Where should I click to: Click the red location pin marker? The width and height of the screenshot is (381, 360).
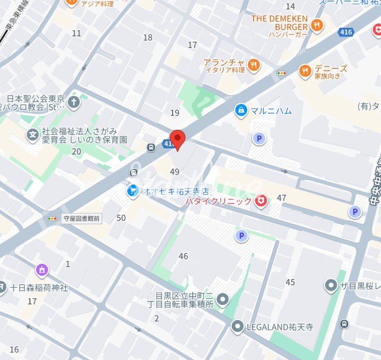click(178, 139)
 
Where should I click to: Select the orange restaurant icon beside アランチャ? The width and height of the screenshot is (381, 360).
click(254, 65)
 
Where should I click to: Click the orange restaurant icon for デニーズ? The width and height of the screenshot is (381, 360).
click(305, 71)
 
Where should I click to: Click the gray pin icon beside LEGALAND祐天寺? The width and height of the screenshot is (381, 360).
click(237, 327)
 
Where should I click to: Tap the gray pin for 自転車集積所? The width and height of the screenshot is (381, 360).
click(222, 300)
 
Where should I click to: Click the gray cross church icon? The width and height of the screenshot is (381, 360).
click(74, 101)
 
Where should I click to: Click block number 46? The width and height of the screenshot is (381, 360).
click(184, 256)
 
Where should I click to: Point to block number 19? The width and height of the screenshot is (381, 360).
click(174, 113)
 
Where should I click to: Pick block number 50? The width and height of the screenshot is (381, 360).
click(121, 218)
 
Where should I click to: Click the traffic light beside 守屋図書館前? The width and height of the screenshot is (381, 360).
click(52, 218)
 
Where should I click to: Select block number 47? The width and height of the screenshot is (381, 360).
click(281, 198)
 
